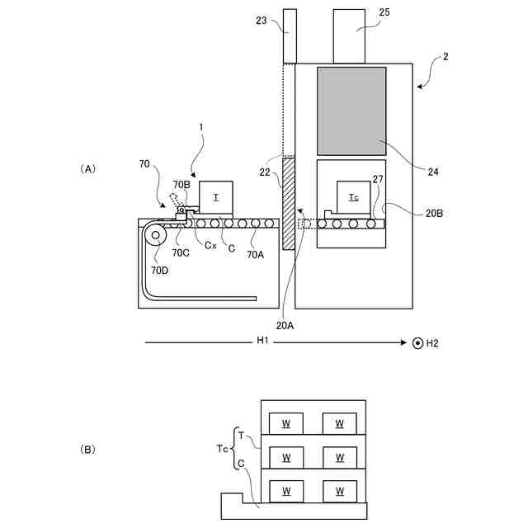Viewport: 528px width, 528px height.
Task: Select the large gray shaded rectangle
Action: tap(351, 111)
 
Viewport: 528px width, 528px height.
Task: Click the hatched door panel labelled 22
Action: tap(289, 204)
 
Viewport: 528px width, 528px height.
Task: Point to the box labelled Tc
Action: tap(353, 197)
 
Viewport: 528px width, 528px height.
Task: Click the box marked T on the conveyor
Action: tap(216, 197)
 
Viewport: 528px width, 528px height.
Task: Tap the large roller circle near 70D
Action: tap(155, 236)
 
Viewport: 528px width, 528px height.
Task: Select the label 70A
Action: tap(256, 255)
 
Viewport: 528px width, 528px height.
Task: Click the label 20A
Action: tap(285, 325)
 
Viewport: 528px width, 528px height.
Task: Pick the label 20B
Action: tap(436, 212)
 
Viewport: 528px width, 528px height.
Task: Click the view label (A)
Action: tap(88, 168)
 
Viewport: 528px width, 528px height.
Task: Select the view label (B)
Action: tap(88, 450)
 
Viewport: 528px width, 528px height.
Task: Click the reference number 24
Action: tap(433, 172)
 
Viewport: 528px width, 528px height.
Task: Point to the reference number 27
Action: tap(377, 178)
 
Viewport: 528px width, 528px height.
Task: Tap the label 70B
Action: tap(181, 185)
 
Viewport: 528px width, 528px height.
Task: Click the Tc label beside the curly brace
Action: tap(222, 449)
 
